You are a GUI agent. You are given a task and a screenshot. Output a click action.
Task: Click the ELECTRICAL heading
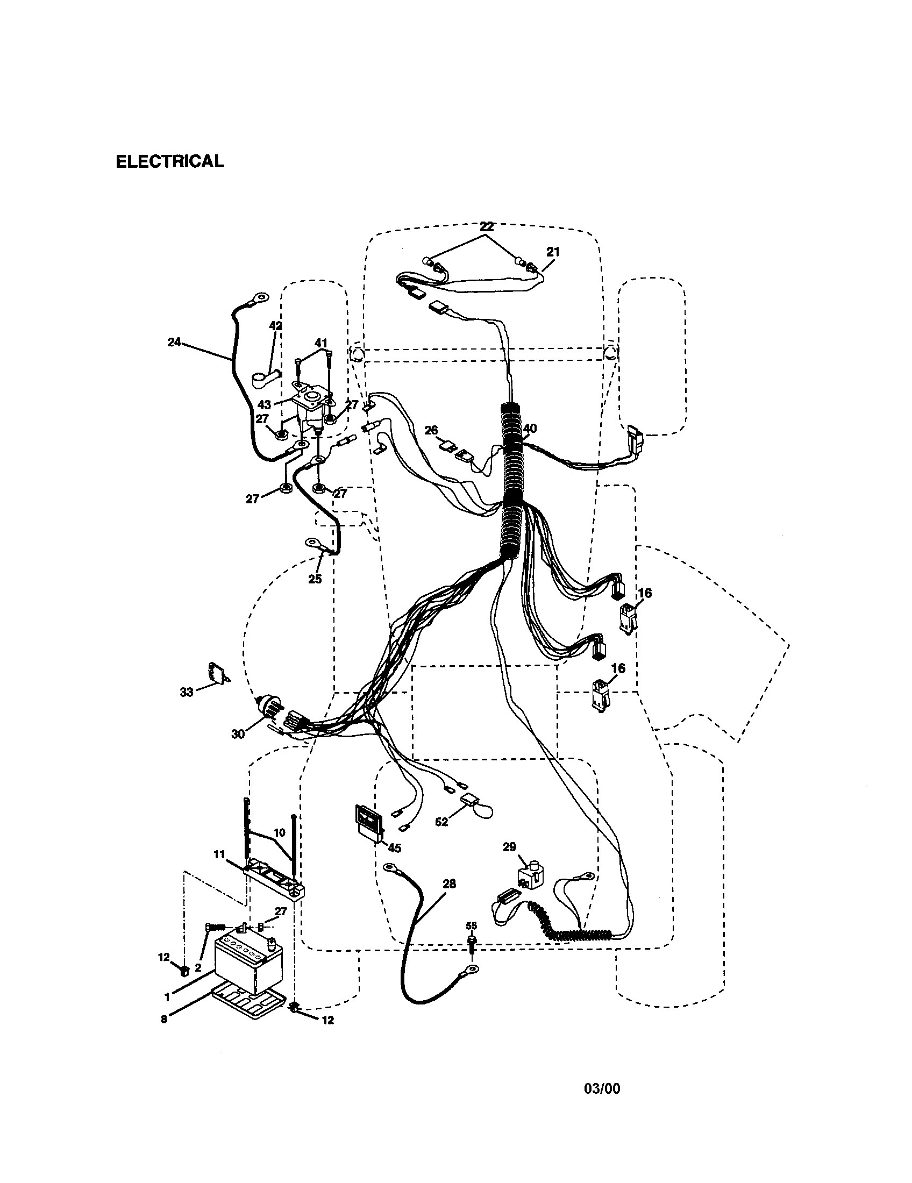coord(169,161)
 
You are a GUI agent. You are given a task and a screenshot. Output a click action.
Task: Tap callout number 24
coord(174,343)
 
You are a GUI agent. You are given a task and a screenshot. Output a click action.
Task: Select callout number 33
coord(186,692)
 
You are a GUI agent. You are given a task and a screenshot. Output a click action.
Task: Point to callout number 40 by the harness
coord(530,429)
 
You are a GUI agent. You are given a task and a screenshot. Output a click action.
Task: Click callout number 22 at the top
coord(487,227)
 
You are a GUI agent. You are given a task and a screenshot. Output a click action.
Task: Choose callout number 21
coord(552,252)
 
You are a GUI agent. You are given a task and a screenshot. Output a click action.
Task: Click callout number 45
coord(395,848)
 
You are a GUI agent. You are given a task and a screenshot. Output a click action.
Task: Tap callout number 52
coord(441,822)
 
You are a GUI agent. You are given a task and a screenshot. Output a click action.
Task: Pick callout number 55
coord(472,927)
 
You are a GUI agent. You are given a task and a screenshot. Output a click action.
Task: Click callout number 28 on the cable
coord(449,884)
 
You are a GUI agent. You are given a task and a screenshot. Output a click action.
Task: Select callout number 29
coord(510,847)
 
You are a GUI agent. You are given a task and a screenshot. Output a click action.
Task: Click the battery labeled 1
coord(248,963)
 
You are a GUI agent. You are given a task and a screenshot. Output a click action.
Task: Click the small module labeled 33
coord(218,673)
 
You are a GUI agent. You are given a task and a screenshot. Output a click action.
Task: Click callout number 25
coord(315,579)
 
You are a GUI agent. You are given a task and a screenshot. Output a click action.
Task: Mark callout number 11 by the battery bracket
coord(219,855)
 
